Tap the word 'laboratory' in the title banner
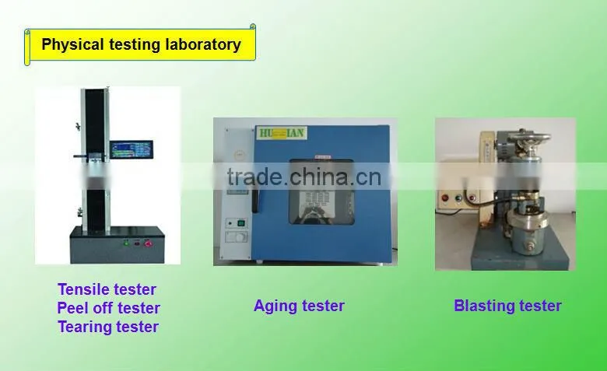[203, 44]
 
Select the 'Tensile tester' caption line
[107, 289]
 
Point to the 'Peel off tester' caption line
[108, 308]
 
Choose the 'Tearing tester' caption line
[108, 327]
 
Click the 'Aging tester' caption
[299, 306]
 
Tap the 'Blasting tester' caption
[507, 306]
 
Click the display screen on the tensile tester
[132, 149]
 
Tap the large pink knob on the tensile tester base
[148, 243]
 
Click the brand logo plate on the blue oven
[282, 134]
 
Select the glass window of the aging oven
[321, 192]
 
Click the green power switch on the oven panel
[240, 223]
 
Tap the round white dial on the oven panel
[240, 236]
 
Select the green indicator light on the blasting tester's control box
[458, 198]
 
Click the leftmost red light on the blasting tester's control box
[445, 198]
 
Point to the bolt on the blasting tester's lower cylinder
[528, 246]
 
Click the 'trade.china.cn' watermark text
[304, 177]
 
